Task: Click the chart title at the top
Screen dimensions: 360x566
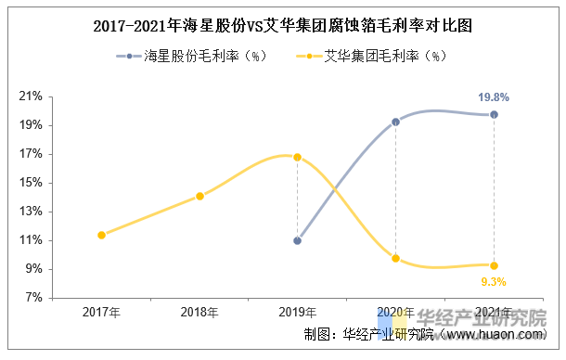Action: pyautogui.click(x=283, y=26)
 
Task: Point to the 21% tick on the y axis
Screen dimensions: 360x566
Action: pyautogui.click(x=32, y=96)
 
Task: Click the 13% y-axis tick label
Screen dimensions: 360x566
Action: pyautogui.click(x=32, y=212)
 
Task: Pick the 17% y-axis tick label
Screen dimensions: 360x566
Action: pyautogui.click(x=32, y=154)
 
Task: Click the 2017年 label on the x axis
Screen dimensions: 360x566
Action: pyautogui.click(x=101, y=313)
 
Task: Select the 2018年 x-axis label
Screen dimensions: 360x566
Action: pyautogui.click(x=199, y=313)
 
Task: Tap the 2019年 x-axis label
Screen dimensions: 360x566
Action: pyautogui.click(x=297, y=313)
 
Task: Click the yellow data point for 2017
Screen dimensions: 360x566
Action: pyautogui.click(x=101, y=235)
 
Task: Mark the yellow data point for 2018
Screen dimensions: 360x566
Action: pyautogui.click(x=199, y=196)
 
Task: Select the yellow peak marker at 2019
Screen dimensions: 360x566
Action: pyautogui.click(x=297, y=157)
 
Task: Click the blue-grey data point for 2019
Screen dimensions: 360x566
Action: pyautogui.click(x=297, y=240)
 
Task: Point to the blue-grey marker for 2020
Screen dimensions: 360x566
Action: pyautogui.click(x=395, y=122)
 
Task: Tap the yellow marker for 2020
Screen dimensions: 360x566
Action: pyautogui.click(x=395, y=258)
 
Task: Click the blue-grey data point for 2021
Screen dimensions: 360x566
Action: pyautogui.click(x=494, y=114)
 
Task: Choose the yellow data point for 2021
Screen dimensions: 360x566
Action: pyautogui.click(x=494, y=265)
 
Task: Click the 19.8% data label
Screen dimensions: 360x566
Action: pyautogui.click(x=493, y=96)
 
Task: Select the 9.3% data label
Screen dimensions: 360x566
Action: pyautogui.click(x=493, y=281)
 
